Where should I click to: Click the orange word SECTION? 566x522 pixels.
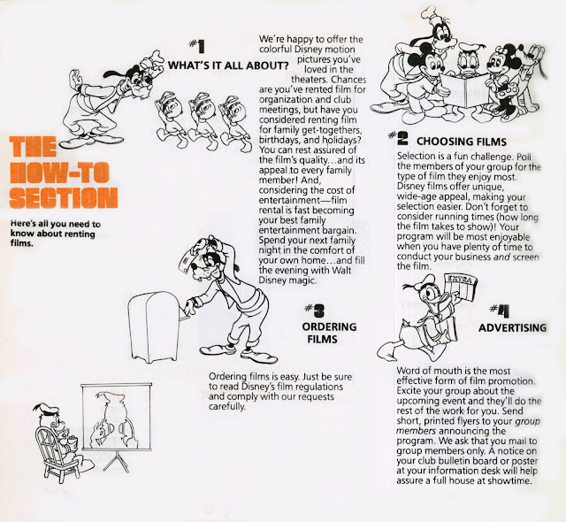coord(64,198)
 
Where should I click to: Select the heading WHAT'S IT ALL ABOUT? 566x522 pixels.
coord(228,65)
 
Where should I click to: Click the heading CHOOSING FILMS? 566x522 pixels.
coord(462,142)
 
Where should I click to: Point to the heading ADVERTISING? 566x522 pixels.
coord(513,327)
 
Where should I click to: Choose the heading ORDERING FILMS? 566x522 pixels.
coord(329,333)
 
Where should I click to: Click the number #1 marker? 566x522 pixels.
coord(197,46)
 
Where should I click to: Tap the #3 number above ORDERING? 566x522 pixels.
coord(315,310)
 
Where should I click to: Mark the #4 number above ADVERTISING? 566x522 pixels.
coord(500,311)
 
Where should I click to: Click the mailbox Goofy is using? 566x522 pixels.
coord(154,327)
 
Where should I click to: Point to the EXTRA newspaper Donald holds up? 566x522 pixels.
coord(463,287)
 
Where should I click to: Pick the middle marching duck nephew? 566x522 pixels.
coord(202,121)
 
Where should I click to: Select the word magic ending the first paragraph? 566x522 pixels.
coord(302,280)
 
